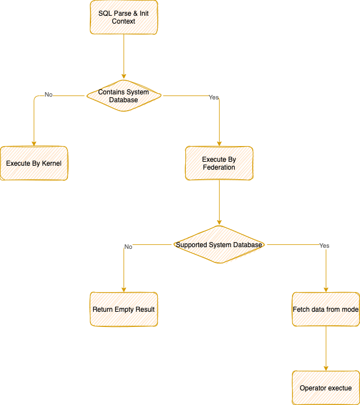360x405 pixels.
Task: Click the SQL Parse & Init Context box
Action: point(124,17)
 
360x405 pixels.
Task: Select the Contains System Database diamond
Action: point(124,95)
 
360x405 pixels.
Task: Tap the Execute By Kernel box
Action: point(34,163)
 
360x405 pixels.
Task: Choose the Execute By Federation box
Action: point(219,163)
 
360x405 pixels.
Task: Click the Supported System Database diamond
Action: point(219,245)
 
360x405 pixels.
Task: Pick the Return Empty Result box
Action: point(124,309)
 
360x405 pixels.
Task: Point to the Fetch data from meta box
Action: point(326,309)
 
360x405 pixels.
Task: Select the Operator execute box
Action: point(326,388)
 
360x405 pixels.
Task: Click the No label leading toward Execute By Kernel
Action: point(48,95)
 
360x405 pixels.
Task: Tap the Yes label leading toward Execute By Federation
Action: point(213,97)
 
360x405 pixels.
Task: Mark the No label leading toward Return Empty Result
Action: point(128,247)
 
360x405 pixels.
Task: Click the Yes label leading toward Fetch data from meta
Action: point(324,245)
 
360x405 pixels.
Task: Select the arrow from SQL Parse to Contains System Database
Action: point(124,56)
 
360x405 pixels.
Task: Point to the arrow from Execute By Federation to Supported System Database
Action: point(219,202)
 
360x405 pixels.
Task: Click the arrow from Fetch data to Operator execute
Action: point(326,348)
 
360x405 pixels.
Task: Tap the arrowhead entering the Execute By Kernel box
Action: point(34,143)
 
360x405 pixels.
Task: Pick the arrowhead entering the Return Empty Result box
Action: point(124,289)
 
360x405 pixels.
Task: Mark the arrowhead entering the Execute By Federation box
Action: point(219,143)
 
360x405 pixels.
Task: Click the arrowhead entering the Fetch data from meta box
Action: point(326,289)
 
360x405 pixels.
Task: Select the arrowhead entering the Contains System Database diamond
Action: point(124,76)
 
